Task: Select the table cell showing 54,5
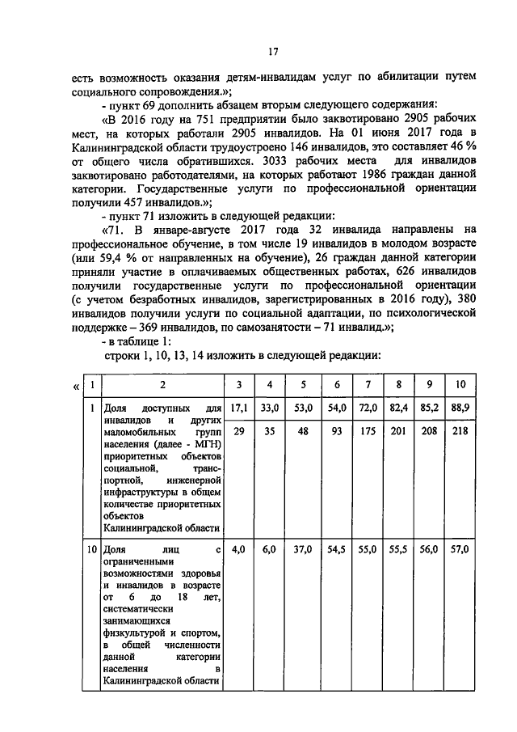pos(337,549)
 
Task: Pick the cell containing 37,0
pos(303,549)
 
